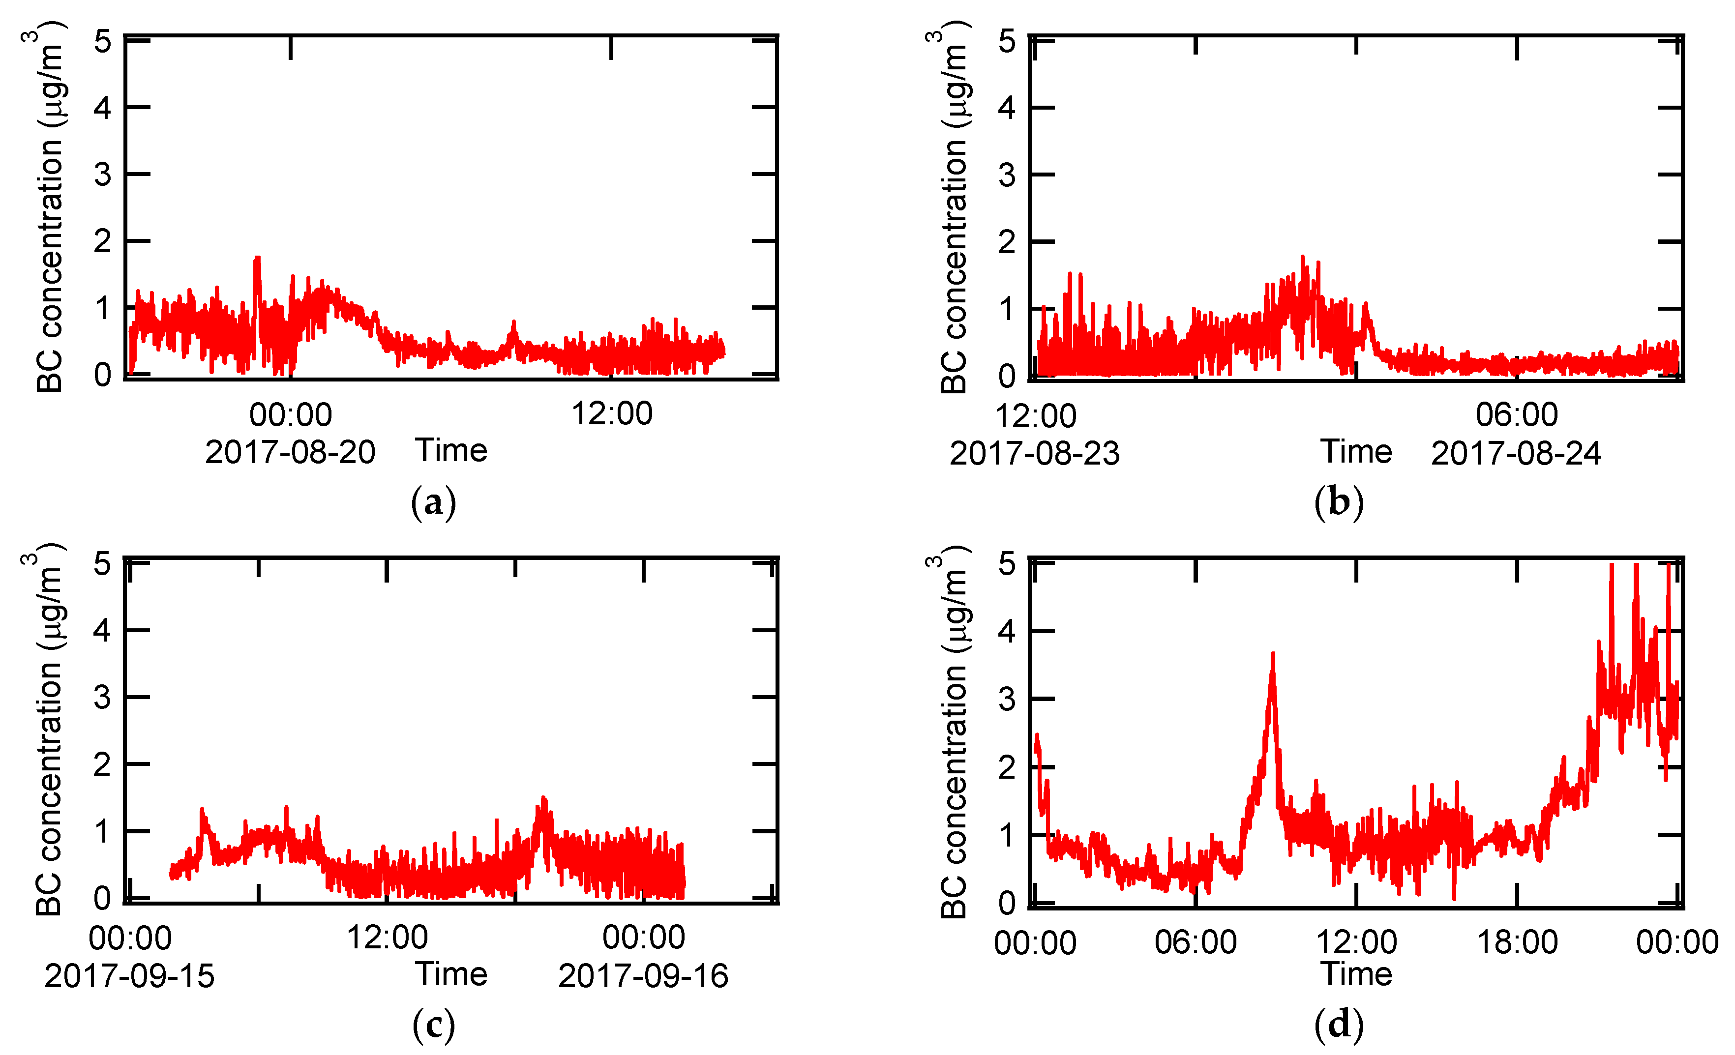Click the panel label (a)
[x=434, y=502]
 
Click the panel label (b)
[x=1339, y=502]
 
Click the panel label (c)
[x=434, y=1025]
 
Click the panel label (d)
[x=1339, y=1025]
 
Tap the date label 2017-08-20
[x=290, y=452]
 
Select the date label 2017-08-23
[x=1034, y=453]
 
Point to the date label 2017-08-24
[x=1516, y=453]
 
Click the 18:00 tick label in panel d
[x=1517, y=942]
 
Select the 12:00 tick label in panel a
[x=611, y=414]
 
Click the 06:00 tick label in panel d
[x=1196, y=942]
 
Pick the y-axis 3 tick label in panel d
[x=1007, y=699]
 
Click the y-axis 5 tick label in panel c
[x=103, y=563]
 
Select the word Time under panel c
[x=451, y=974]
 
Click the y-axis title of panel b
[x=955, y=207]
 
